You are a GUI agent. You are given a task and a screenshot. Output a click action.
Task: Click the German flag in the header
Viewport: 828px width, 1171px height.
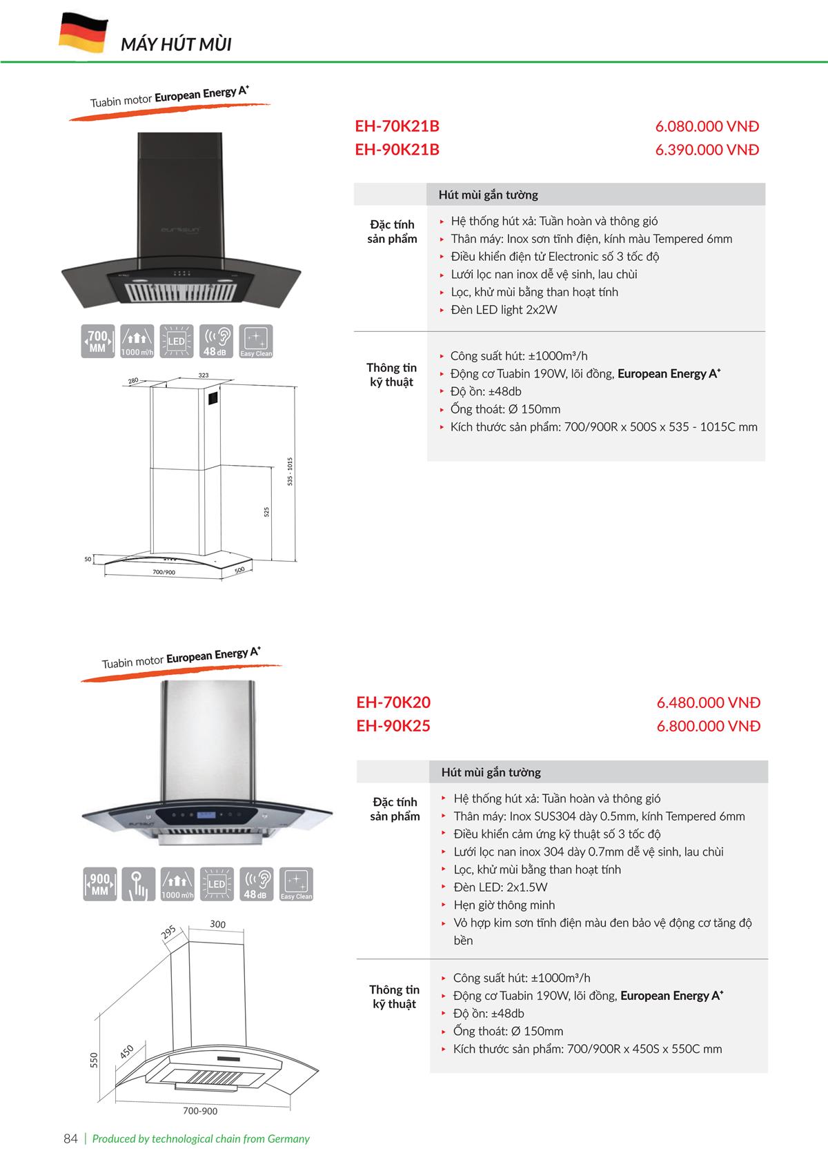pyautogui.click(x=83, y=32)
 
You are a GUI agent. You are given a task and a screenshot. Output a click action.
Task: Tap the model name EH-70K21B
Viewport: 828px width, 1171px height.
pyautogui.click(x=397, y=126)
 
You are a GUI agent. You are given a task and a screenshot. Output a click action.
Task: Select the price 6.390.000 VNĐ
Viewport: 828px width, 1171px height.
pyautogui.click(x=707, y=150)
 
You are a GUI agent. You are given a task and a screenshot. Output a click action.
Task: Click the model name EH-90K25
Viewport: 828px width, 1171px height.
pyautogui.click(x=393, y=726)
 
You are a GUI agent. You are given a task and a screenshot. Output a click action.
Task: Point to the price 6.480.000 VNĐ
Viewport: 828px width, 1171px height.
pyautogui.click(x=708, y=702)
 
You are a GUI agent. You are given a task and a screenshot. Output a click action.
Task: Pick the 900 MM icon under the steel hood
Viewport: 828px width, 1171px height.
pyautogui.click(x=99, y=884)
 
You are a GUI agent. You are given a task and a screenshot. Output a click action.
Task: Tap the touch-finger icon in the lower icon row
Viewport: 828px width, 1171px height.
pyautogui.click(x=138, y=884)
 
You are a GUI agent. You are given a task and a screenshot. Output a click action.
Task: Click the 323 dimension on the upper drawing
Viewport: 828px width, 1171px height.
pyautogui.click(x=204, y=375)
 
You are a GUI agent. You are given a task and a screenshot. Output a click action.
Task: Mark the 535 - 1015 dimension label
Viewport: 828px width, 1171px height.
pyautogui.click(x=290, y=471)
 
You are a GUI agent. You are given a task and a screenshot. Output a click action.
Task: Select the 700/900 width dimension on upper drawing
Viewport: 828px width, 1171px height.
pyautogui.click(x=164, y=572)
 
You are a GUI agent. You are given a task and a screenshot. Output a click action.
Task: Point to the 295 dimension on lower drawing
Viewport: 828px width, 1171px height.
pyautogui.click(x=168, y=933)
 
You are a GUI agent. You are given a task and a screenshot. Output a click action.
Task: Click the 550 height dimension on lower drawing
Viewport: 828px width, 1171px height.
pyautogui.click(x=95, y=1059)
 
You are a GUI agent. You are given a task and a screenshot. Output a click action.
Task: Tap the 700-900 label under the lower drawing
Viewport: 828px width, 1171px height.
pyautogui.click(x=200, y=1111)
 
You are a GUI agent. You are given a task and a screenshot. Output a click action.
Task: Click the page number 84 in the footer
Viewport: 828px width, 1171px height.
pyautogui.click(x=70, y=1139)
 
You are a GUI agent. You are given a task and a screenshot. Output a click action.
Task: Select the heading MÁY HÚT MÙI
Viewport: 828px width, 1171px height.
pyautogui.click(x=176, y=45)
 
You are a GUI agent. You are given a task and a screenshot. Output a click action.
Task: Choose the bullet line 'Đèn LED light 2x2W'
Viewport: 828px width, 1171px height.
pyautogui.click(x=503, y=310)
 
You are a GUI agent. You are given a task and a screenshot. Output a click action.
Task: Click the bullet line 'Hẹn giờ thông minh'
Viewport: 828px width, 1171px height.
pyautogui.click(x=504, y=905)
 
